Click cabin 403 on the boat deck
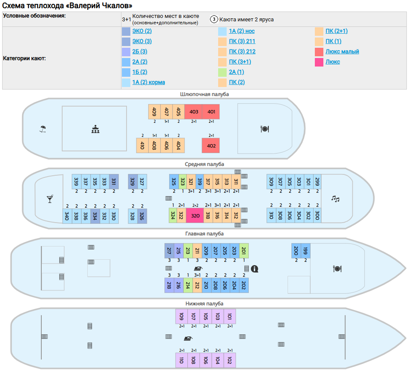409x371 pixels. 194,112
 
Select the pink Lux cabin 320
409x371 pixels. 195,216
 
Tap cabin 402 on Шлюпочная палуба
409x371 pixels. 211,145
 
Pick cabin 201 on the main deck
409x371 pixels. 244,250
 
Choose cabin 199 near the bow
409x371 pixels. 305,250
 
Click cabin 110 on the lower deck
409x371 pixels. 181,360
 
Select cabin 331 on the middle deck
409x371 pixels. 114,181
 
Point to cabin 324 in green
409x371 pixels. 173,215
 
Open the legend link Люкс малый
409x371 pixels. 342,52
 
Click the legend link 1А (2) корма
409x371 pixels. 148,82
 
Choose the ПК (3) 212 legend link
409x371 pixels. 242,52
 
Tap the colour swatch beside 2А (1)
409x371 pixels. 222,72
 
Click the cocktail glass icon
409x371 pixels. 50,199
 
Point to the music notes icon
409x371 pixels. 336,198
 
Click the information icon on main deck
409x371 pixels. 255,269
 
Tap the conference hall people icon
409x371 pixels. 95,129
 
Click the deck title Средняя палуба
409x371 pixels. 204,164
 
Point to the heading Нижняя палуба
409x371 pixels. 204,304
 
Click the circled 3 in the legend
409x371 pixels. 214,20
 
